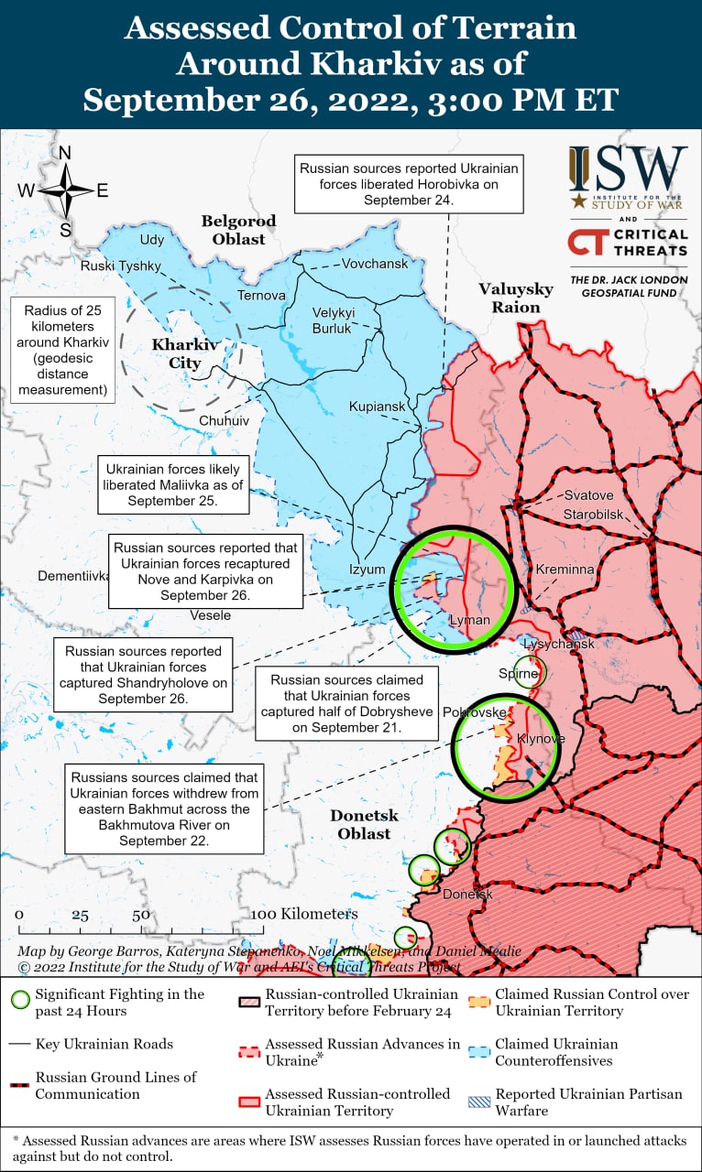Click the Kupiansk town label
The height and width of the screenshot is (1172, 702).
pyautogui.click(x=376, y=407)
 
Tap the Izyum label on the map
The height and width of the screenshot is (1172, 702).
pyautogui.click(x=367, y=569)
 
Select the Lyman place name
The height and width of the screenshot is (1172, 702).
pyautogui.click(x=469, y=620)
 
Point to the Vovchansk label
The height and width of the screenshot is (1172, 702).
pyautogui.click(x=374, y=264)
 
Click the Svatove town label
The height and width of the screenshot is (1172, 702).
pyautogui.click(x=588, y=495)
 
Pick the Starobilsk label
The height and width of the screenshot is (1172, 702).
pyautogui.click(x=593, y=514)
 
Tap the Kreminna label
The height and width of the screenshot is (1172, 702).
pyautogui.click(x=565, y=570)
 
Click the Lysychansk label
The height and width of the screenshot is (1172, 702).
pyautogui.click(x=559, y=644)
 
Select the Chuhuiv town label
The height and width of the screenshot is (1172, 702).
pyautogui.click(x=223, y=420)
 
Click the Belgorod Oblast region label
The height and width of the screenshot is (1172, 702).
pyautogui.click(x=238, y=230)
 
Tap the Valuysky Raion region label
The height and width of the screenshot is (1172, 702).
pyautogui.click(x=516, y=298)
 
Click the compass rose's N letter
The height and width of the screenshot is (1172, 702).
pyautogui.click(x=65, y=153)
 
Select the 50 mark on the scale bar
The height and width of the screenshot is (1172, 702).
pyautogui.click(x=140, y=915)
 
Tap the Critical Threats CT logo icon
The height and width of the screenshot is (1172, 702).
pyautogui.click(x=587, y=242)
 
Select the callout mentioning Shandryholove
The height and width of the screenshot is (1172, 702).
pyautogui.click(x=143, y=675)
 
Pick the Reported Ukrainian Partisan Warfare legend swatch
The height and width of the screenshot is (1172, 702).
pyautogui.click(x=477, y=1102)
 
